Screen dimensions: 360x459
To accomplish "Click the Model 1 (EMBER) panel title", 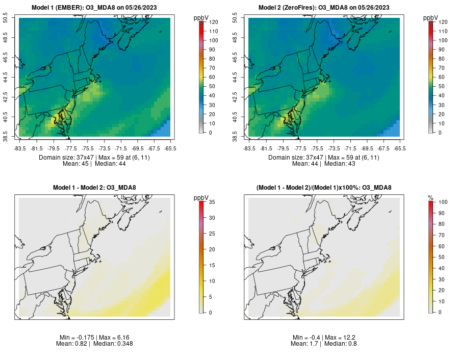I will [93, 8].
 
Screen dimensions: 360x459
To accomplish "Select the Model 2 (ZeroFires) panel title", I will [323, 8].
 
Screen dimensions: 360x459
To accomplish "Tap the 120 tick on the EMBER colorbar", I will [213, 22].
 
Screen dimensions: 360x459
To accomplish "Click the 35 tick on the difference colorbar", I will [213, 202].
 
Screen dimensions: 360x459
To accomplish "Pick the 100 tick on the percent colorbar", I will [443, 202].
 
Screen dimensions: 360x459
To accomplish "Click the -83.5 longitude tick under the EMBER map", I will [20, 148].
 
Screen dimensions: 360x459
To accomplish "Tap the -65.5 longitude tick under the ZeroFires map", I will [400, 148].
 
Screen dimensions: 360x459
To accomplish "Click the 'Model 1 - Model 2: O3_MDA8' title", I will [94, 188].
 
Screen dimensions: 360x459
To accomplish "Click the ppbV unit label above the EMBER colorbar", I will [202, 18].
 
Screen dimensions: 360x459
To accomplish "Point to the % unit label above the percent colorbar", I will [430, 197].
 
